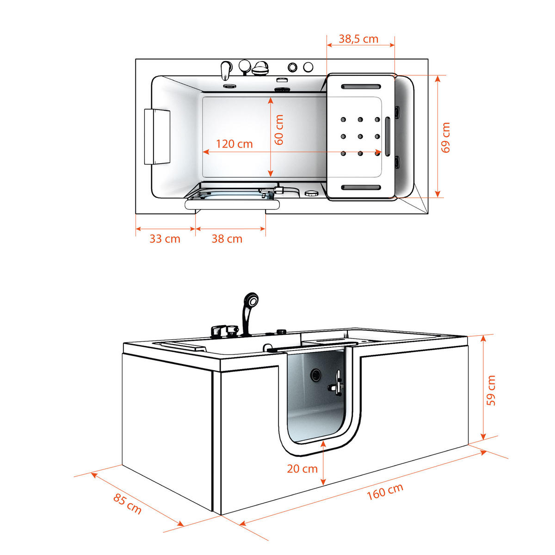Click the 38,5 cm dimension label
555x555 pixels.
click(x=358, y=39)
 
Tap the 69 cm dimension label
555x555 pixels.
click(x=445, y=137)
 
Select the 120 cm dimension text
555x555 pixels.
click(x=234, y=144)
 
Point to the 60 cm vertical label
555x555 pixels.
click(x=278, y=129)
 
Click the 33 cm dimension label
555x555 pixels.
click(x=165, y=239)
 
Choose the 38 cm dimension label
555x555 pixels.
click(x=227, y=239)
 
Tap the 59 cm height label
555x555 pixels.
click(x=491, y=390)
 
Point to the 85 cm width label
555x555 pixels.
click(x=127, y=504)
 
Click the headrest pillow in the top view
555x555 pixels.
click(x=157, y=136)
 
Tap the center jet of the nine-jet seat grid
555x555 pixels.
click(x=360, y=136)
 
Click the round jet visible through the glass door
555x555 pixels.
click(x=316, y=374)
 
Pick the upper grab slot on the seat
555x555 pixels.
click(x=361, y=86)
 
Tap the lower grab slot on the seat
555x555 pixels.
click(x=361, y=187)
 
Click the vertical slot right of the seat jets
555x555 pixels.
click(x=388, y=136)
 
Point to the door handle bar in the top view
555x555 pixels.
click(x=232, y=204)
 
